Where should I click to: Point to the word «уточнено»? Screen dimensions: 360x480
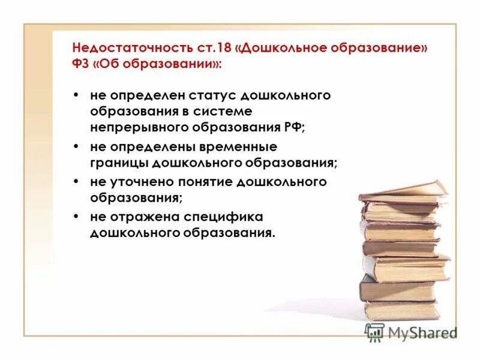click(x=141, y=181)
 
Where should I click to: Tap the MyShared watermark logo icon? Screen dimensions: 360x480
click(x=375, y=332)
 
